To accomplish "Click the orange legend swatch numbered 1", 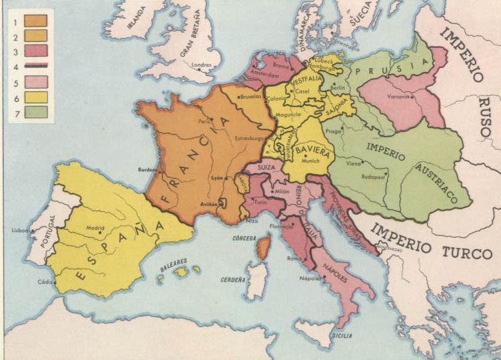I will [35, 20].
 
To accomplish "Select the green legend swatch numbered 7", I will [35, 112].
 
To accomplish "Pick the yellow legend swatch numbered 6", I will [35, 97].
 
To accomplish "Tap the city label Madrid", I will [95, 227].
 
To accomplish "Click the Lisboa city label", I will [20, 230].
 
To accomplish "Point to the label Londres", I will [201, 65].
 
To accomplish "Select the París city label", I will [204, 121].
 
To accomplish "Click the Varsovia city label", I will [398, 96].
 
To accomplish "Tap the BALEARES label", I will [173, 262].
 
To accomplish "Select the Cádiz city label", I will [46, 281].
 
